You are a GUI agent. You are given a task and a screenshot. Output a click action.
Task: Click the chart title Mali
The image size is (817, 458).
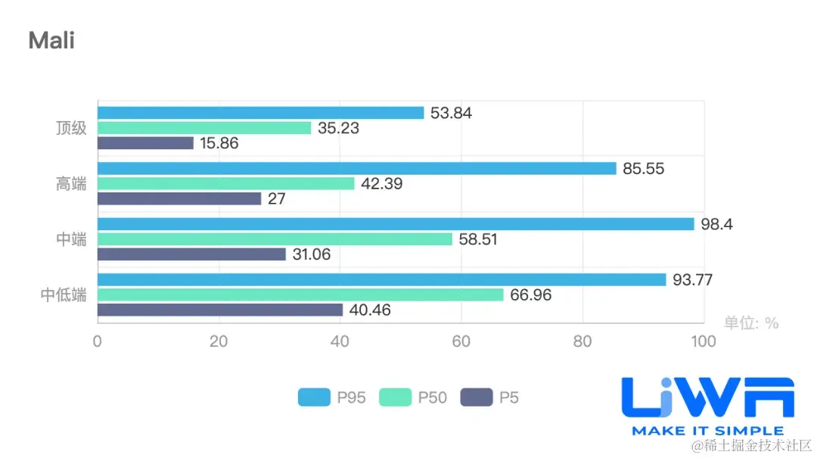(x=51, y=40)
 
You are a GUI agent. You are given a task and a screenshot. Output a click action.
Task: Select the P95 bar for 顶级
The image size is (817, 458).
(x=260, y=113)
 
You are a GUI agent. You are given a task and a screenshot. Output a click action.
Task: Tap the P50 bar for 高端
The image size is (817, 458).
(x=225, y=183)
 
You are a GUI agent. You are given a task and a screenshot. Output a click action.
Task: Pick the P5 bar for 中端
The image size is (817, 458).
(x=191, y=254)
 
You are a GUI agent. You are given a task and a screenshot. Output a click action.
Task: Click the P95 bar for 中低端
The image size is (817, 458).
(x=381, y=280)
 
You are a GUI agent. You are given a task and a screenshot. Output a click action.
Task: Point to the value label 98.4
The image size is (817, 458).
(x=717, y=224)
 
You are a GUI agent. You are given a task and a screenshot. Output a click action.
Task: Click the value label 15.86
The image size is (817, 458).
(x=219, y=143)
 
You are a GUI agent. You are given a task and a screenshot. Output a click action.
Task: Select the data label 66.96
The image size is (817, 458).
(x=531, y=295)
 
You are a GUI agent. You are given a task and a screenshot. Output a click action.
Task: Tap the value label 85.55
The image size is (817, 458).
(x=644, y=169)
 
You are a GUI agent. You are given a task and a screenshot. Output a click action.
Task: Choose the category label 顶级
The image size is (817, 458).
(x=71, y=128)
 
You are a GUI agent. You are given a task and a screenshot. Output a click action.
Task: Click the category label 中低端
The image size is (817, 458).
(x=64, y=295)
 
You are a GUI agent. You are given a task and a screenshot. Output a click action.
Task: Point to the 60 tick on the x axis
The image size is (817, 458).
(x=461, y=342)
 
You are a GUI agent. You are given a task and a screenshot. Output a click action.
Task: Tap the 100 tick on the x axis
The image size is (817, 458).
(x=704, y=342)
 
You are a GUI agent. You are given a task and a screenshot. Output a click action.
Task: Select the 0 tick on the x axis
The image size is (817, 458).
(x=98, y=342)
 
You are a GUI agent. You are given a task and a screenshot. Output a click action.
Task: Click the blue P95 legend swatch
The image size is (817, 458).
(x=314, y=397)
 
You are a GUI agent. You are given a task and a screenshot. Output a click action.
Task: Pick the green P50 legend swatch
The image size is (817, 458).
(x=395, y=397)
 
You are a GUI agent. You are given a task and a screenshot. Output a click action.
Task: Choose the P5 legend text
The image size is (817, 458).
(x=509, y=397)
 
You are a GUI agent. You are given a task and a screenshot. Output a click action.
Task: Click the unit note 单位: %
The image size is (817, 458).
(x=750, y=323)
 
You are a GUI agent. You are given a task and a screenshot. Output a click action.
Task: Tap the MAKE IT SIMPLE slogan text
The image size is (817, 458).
(x=707, y=431)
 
